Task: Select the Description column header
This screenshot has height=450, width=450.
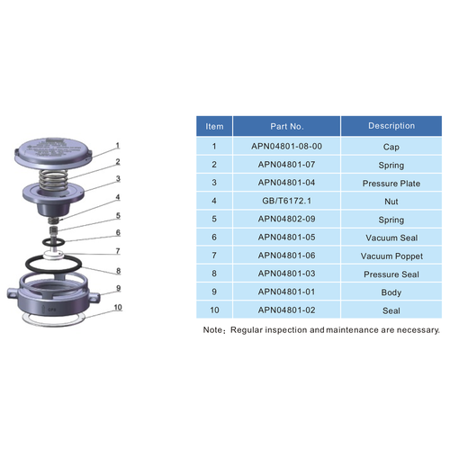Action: (x=391, y=126)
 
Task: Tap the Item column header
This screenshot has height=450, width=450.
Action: (x=214, y=126)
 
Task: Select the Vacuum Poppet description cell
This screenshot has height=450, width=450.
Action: (x=391, y=256)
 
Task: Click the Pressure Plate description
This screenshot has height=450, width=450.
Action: (x=391, y=183)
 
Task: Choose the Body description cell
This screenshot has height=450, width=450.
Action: (x=391, y=292)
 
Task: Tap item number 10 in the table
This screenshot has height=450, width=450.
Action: (x=214, y=310)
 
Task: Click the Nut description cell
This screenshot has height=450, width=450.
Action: (x=391, y=201)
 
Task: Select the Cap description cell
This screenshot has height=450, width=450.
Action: (x=391, y=146)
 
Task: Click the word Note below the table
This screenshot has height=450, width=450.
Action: (x=212, y=330)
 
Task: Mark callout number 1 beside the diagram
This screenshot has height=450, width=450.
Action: (x=116, y=144)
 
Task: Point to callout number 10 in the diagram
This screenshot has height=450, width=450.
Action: (x=117, y=307)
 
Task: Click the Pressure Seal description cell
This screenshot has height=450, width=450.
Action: (x=391, y=274)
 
